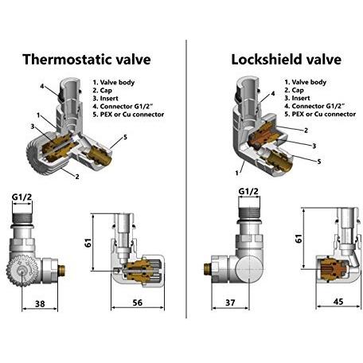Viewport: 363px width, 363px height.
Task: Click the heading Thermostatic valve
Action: point(87,59)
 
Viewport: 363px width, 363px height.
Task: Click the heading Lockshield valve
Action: point(286,59)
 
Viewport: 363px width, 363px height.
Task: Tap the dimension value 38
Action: point(40,303)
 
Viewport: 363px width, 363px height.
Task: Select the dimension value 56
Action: point(137,302)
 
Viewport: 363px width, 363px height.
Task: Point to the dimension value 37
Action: point(230,302)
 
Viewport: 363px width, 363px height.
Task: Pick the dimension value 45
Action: point(338,302)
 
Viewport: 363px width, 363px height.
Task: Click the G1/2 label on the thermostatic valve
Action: point(21,197)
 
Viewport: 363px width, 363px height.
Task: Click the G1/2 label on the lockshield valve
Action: point(248,191)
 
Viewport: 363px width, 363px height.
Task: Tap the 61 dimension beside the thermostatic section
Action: point(88,243)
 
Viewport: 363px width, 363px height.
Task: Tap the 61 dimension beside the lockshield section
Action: point(299,238)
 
